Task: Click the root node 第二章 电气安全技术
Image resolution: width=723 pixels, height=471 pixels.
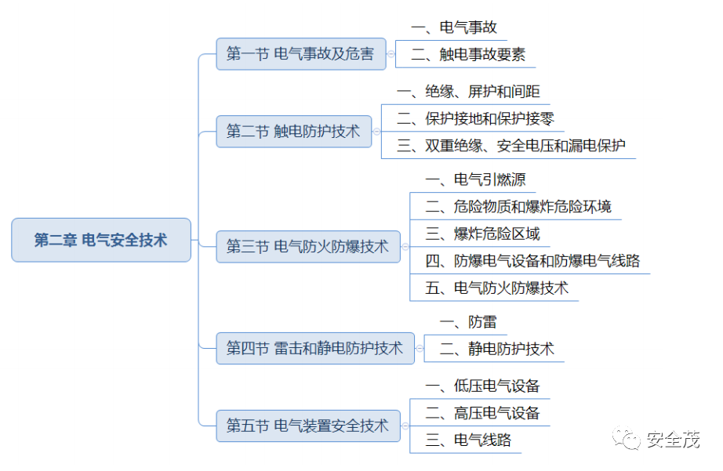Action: pyautogui.click(x=100, y=240)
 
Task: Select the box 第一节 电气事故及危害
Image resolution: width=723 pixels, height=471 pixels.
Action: pyautogui.click(x=300, y=54)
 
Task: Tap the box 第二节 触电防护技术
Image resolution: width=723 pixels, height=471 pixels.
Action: pyautogui.click(x=293, y=131)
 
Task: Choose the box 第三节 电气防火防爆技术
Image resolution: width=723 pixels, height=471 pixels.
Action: pyautogui.click(x=307, y=246)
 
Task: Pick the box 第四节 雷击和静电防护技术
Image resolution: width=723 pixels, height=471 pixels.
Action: pyautogui.click(x=314, y=348)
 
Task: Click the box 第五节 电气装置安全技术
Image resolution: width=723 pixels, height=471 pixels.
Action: pyautogui.click(x=307, y=426)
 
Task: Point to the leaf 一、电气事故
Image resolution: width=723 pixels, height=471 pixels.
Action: pyautogui.click(x=453, y=27)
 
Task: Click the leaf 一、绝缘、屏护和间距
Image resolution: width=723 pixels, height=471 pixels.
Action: pyautogui.click(x=468, y=92)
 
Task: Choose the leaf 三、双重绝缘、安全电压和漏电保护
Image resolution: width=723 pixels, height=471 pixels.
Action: pyautogui.click(x=510, y=146)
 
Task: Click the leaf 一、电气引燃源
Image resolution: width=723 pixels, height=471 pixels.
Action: pyautogui.click(x=475, y=180)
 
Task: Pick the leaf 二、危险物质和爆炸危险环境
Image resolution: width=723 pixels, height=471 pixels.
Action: pyautogui.click(x=518, y=207)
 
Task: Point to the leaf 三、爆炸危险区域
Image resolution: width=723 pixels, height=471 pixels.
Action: pyautogui.click(x=482, y=234)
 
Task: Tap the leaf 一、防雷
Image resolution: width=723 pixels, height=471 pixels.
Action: pyautogui.click(x=468, y=322)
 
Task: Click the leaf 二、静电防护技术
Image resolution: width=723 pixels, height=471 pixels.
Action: pyautogui.click(x=496, y=349)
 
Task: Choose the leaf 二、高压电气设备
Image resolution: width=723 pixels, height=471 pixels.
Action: pyautogui.click(x=482, y=413)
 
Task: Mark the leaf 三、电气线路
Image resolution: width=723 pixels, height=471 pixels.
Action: pyautogui.click(x=468, y=440)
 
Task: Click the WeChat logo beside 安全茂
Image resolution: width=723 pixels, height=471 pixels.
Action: pyautogui.click(x=628, y=439)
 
